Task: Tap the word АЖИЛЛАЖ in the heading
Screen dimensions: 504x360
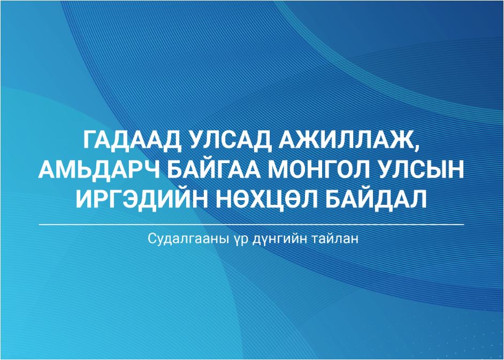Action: point(346,140)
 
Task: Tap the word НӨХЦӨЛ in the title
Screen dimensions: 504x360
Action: point(266,199)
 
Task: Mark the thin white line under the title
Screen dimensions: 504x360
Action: point(251,224)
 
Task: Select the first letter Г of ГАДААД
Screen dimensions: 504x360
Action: point(90,140)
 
